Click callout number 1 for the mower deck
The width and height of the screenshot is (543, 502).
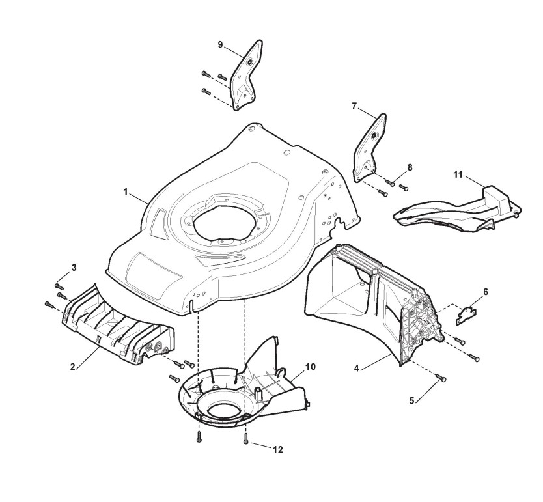[125, 193]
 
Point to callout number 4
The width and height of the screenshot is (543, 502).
[357, 369]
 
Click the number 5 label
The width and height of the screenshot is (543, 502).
[411, 400]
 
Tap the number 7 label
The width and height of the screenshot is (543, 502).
[354, 106]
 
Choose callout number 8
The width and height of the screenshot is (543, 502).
[410, 167]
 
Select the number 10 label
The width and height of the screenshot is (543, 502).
[311, 367]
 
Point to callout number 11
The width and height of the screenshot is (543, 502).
[458, 175]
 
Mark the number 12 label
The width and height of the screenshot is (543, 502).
[279, 449]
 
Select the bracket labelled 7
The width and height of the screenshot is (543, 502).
[369, 145]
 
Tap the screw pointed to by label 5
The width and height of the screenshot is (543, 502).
[443, 378]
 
